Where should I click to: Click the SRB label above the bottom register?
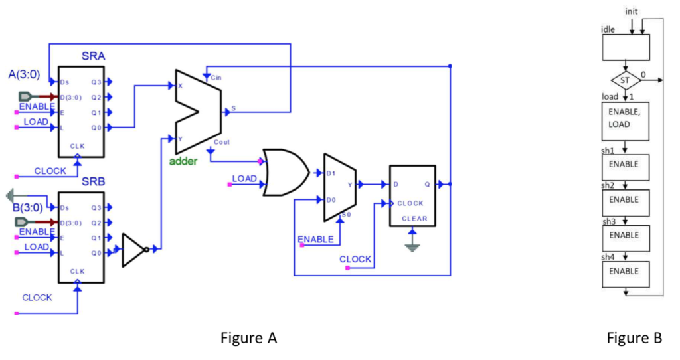point(93,181)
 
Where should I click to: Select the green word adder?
point(183,161)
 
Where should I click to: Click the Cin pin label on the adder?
point(216,78)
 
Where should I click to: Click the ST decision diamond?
point(624,80)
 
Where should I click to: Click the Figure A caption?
point(248,339)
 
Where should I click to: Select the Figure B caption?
point(634,339)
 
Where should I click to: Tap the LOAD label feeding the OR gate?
point(244,179)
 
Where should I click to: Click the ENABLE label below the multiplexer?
point(315,239)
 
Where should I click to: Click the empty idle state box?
point(625,47)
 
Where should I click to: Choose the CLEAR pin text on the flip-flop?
point(414,219)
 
